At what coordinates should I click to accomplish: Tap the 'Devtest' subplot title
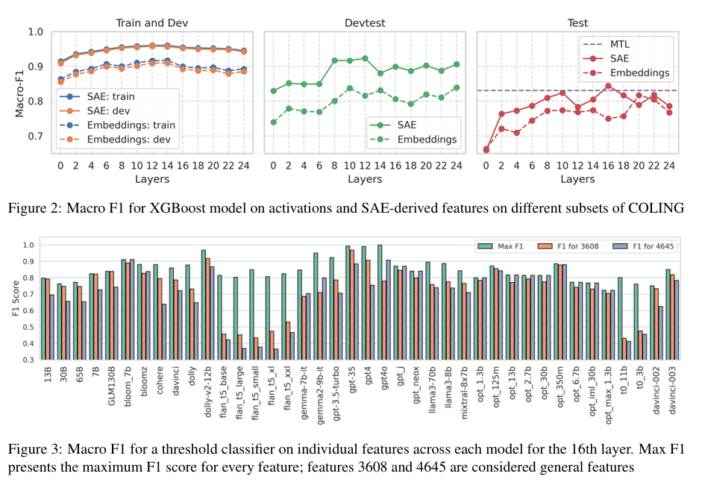point(364,22)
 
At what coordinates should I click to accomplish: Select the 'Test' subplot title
point(577,22)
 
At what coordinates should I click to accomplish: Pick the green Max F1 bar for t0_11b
point(620,319)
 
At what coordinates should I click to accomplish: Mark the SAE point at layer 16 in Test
point(608,86)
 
